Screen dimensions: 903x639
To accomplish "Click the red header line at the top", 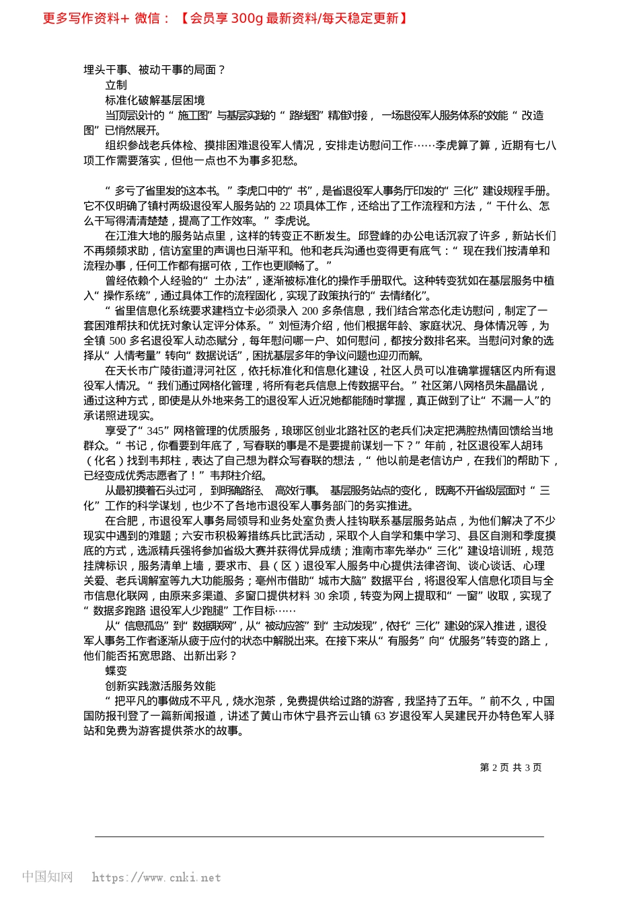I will click(225, 18).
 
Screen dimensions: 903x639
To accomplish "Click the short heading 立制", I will click(116, 85).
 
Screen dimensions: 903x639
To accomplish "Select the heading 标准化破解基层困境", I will click(155, 100).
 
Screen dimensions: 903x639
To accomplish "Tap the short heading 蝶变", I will click(116, 671).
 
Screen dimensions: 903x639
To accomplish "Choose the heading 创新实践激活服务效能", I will click(160, 686).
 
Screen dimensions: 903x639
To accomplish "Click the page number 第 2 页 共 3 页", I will click(511, 767).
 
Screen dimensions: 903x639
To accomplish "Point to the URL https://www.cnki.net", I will click(156, 877).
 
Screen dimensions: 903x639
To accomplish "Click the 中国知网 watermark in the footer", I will click(47, 877).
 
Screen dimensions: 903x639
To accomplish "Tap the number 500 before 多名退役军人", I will click(118, 341).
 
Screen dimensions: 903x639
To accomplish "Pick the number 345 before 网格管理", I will click(155, 431).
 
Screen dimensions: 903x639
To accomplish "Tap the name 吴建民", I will click(461, 716).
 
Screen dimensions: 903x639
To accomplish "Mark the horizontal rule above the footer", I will click(319, 836).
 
